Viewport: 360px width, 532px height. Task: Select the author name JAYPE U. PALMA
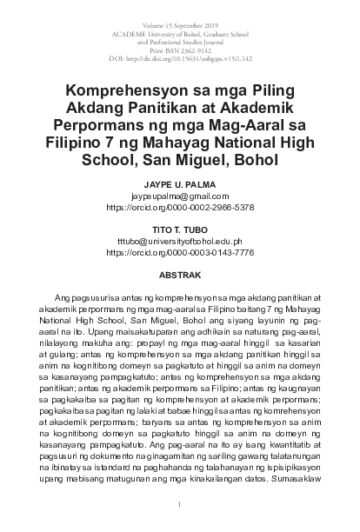(179, 186)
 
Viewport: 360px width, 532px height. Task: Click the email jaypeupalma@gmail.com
(179, 197)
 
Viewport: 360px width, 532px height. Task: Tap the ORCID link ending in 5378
(179, 209)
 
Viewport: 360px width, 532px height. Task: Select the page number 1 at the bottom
(179, 504)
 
